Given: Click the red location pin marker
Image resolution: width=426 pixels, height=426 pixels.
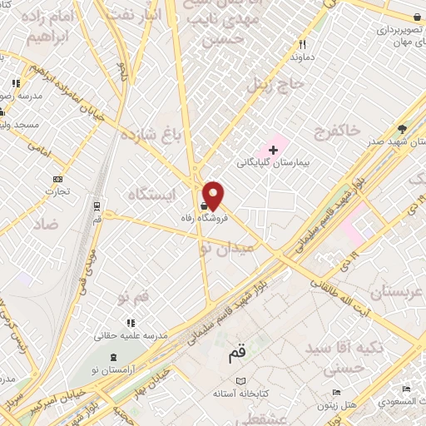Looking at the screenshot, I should (x=214, y=196).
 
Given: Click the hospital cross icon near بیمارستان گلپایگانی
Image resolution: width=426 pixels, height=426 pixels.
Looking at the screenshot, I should (x=272, y=150).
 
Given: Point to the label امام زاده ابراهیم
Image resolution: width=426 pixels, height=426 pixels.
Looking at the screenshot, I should (x=47, y=27).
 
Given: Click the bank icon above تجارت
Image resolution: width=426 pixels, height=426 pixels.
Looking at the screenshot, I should (x=57, y=179).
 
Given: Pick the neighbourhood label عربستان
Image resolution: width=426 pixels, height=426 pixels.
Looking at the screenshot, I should (x=396, y=292).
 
